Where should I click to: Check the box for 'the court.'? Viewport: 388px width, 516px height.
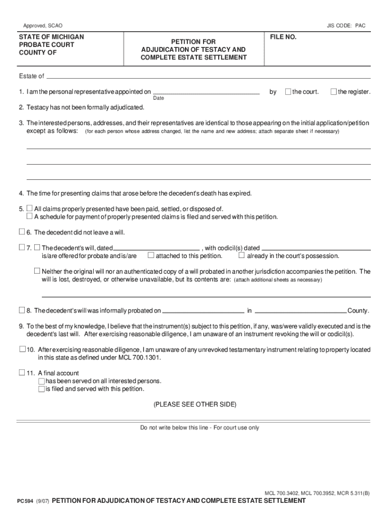(x=288, y=92)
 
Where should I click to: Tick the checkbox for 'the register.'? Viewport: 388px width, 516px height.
(x=334, y=92)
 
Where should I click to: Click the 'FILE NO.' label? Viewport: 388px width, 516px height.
(x=283, y=38)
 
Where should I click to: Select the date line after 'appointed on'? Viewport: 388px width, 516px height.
(x=206, y=94)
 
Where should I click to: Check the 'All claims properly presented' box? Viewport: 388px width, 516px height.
(x=30, y=208)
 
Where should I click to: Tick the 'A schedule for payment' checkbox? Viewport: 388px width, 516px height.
(x=30, y=216)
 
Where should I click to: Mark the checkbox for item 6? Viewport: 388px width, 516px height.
(x=22, y=232)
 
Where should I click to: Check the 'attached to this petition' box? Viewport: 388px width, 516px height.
(x=151, y=255)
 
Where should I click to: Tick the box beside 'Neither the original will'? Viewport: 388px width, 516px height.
(x=37, y=271)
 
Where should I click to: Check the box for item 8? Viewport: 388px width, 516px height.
(x=22, y=310)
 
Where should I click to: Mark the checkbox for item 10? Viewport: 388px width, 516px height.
(x=22, y=349)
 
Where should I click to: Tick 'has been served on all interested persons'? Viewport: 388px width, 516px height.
(x=41, y=381)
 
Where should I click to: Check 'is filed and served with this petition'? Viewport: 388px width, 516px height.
(x=41, y=389)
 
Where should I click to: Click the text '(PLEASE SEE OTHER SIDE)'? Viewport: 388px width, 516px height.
(x=195, y=405)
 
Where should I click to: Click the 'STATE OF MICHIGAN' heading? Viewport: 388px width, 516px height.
(x=51, y=37)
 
